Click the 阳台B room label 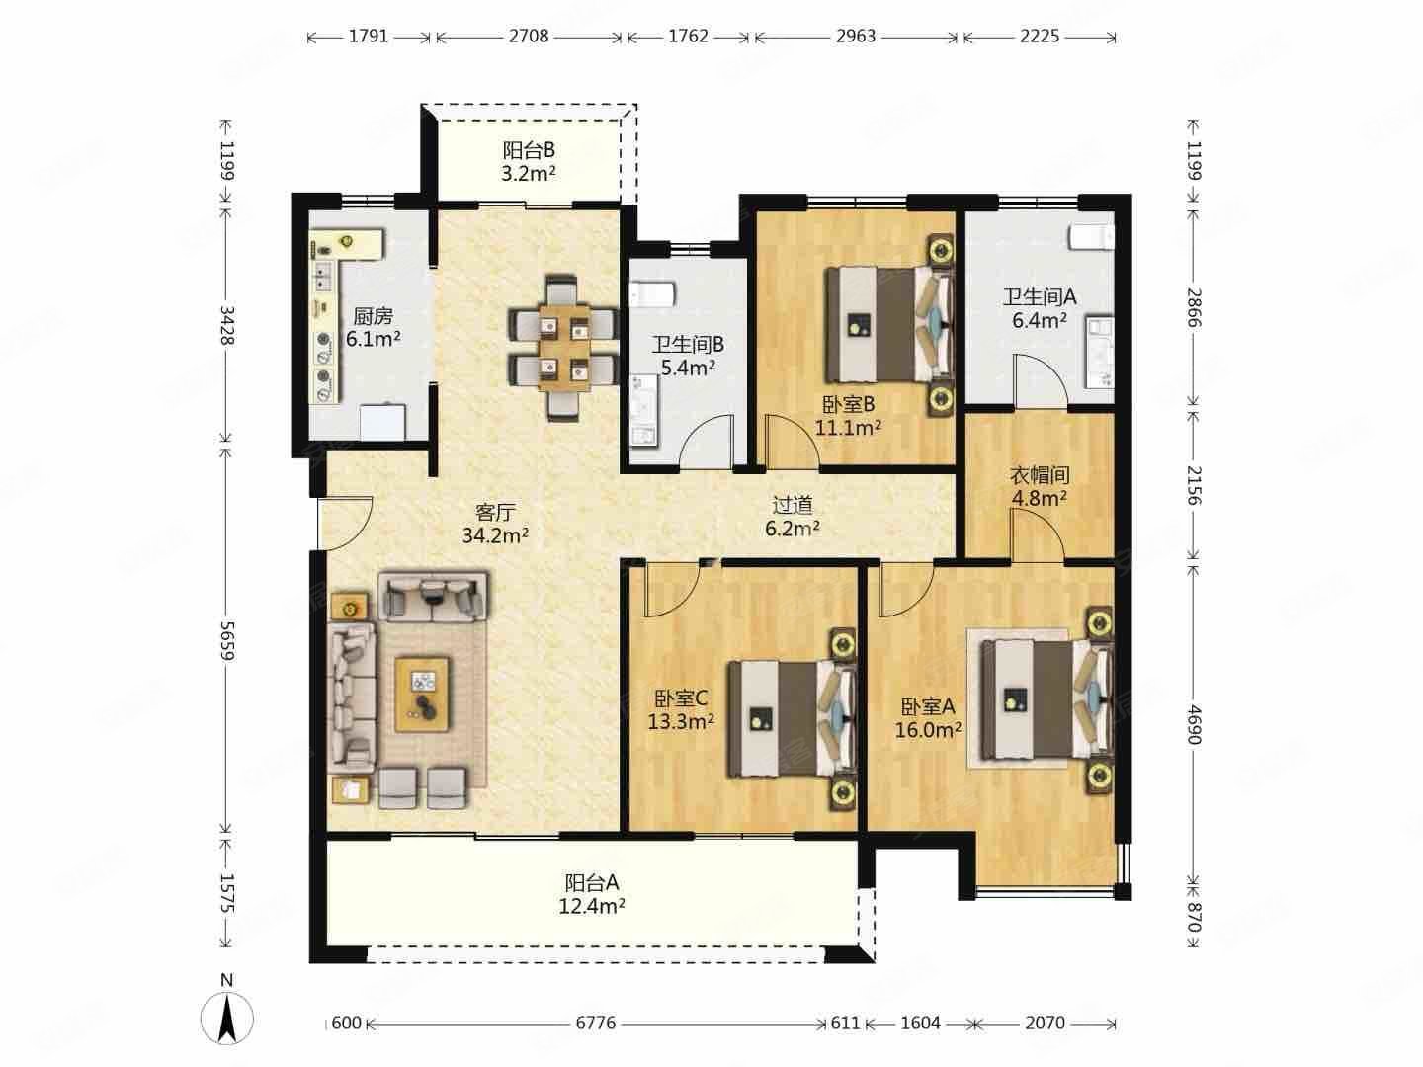[x=529, y=151]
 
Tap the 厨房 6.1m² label [x=373, y=328]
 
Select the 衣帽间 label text [x=1040, y=475]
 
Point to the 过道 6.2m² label [x=793, y=517]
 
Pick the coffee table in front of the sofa [x=423, y=695]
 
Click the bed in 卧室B [x=888, y=325]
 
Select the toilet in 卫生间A [x=1091, y=237]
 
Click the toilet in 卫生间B [x=653, y=293]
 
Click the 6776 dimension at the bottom [x=596, y=1023]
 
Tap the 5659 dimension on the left [x=226, y=640]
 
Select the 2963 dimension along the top [x=856, y=37]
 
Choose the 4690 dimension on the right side [x=1194, y=725]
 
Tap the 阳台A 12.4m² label [x=591, y=894]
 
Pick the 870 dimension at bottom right [x=1194, y=917]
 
